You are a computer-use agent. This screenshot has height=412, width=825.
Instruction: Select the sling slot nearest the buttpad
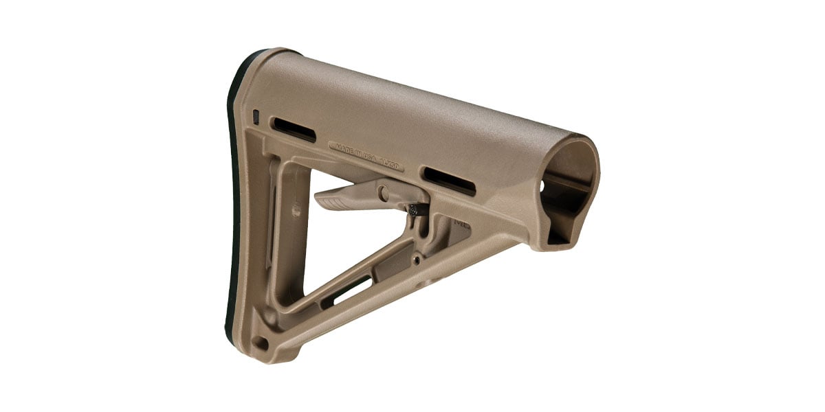(x=294, y=130)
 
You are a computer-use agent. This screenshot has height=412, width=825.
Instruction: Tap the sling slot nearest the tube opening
(x=449, y=180)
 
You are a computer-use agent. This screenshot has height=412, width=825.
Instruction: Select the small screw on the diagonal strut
(x=417, y=260)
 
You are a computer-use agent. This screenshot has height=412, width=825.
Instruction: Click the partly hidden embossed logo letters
(x=459, y=224)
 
